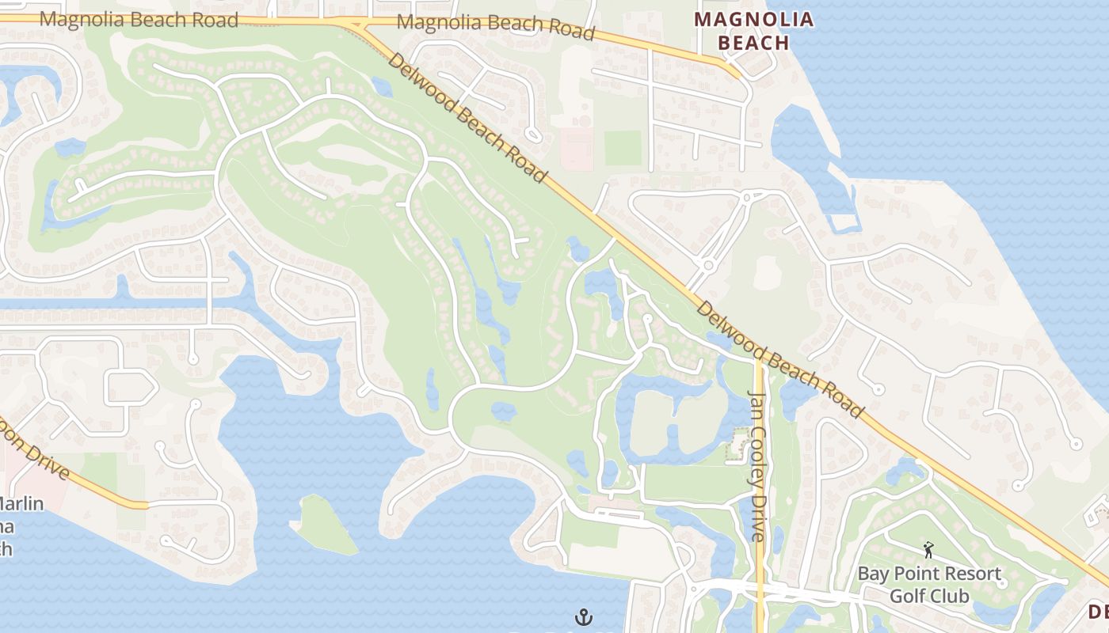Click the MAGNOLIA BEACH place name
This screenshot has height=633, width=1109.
point(753,30)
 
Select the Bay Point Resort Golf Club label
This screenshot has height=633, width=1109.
point(929,584)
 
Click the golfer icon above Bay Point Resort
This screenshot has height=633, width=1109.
point(928,549)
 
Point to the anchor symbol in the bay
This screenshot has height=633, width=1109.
point(584,616)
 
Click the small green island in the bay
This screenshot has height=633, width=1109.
point(326,525)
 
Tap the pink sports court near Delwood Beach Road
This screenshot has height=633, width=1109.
point(576,149)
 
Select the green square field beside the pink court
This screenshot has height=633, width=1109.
point(623,148)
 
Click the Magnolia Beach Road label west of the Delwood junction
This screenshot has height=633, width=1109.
point(139,19)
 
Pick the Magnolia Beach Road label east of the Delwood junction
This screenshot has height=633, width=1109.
point(495,25)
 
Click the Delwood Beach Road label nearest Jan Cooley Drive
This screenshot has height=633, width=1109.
point(779,358)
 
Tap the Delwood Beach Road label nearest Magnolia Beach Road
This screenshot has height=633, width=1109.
point(467,118)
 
